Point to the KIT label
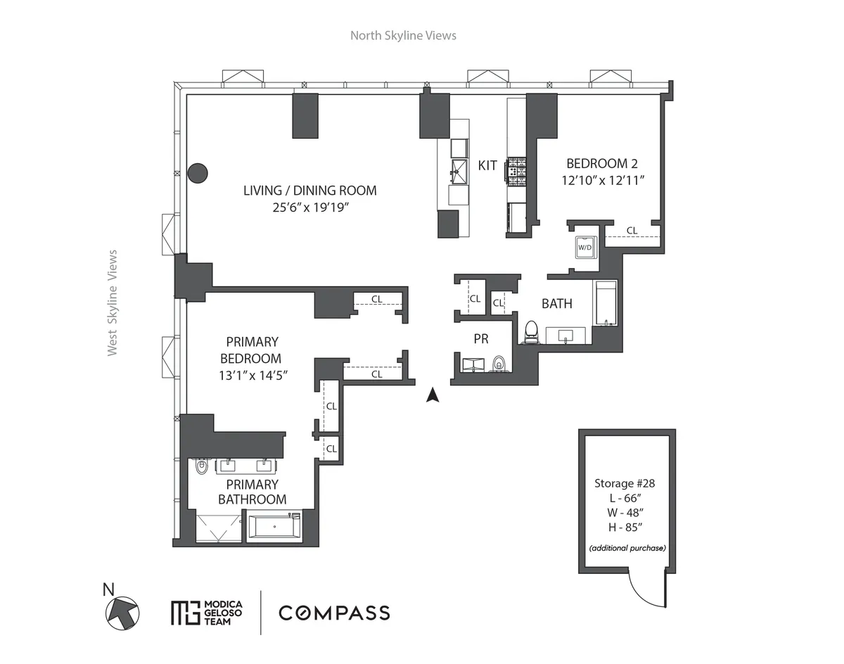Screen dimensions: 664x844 (x=487, y=166)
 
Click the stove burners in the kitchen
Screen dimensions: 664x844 (x=517, y=170)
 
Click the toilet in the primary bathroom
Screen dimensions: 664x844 (x=200, y=465)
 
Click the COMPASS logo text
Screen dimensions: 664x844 (x=334, y=612)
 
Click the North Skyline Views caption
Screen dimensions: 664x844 (x=403, y=35)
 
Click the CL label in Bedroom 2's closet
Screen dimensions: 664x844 (x=632, y=230)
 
